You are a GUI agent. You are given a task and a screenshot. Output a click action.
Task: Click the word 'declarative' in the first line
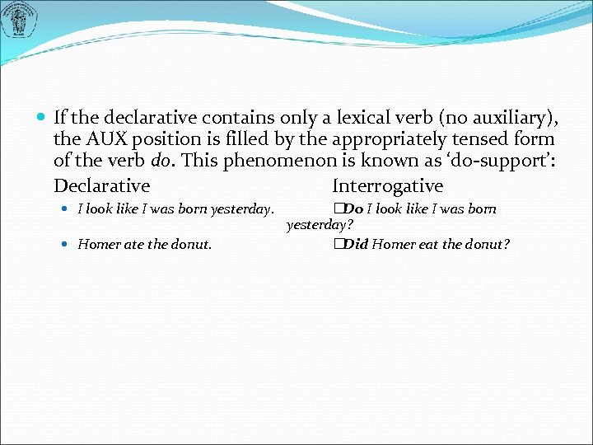tap(130, 117)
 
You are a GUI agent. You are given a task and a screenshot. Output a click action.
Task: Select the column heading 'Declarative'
tap(101, 186)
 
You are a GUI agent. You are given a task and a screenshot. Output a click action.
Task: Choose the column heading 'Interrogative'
tap(387, 186)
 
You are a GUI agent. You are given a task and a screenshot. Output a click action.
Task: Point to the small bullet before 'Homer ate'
tap(66, 245)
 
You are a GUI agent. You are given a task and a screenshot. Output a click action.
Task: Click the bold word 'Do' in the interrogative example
tap(353, 209)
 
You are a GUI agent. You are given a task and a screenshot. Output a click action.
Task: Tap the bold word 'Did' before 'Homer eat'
tap(356, 244)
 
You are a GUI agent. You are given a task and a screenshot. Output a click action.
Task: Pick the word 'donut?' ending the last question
tap(488, 244)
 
